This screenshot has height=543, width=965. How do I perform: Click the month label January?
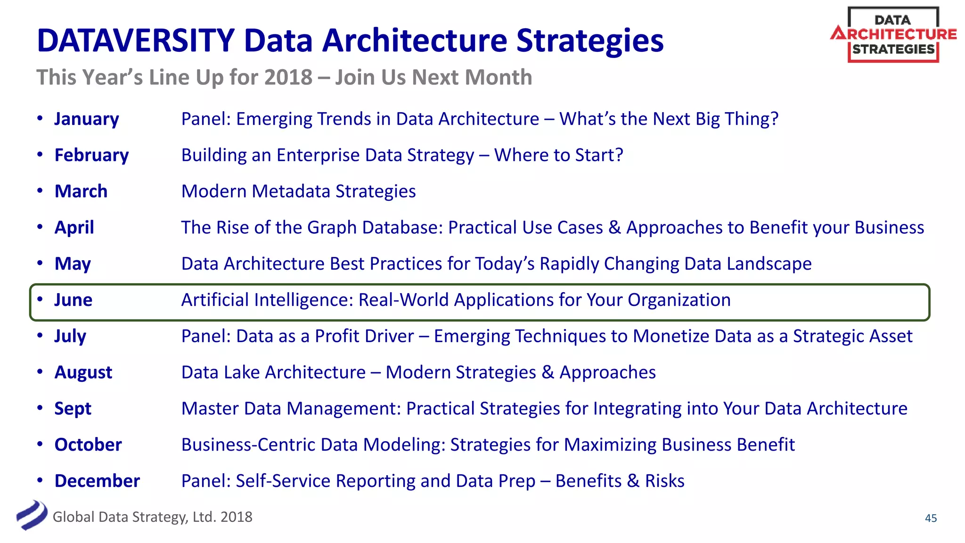pos(87,119)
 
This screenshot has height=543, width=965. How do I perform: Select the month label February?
pos(91,155)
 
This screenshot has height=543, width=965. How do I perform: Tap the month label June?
pos(73,300)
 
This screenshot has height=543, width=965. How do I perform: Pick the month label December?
pos(97,481)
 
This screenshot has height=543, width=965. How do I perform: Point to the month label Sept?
pos(73,409)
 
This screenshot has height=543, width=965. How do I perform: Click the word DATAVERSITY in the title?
pos(135,41)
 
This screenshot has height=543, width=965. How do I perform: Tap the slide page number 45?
pos(931,518)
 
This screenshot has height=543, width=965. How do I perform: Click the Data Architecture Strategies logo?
pos(893,35)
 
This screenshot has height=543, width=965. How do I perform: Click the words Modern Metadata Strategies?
pos(298,191)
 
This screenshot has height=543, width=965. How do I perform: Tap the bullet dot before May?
pos(40,263)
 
